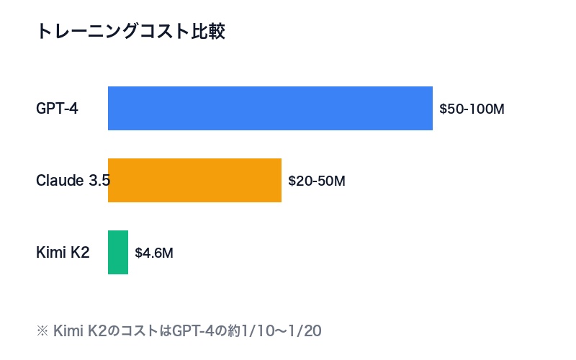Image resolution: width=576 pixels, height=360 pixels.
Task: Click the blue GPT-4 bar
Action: [270, 109]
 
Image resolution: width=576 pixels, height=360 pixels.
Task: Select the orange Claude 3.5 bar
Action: [194, 181]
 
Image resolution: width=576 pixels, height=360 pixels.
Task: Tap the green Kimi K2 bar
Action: [118, 253]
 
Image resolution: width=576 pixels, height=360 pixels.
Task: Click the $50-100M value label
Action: [472, 109]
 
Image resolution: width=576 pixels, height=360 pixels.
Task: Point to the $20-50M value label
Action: [317, 181]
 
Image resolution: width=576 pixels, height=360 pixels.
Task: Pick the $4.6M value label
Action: [154, 253]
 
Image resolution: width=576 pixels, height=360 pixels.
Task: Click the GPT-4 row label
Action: [57, 109]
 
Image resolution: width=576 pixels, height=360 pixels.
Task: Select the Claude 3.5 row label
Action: [73, 181]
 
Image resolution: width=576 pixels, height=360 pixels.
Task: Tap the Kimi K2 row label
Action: [63, 253]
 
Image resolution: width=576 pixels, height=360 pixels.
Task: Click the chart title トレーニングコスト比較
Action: [131, 32]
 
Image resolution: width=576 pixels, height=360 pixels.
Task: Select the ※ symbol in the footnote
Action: [42, 331]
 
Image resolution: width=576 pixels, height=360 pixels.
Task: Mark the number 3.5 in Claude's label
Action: [99, 181]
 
